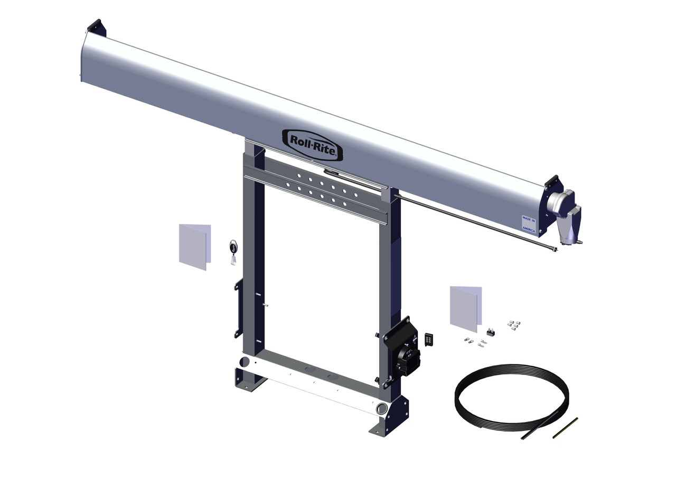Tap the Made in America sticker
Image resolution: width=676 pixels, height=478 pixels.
(529, 224)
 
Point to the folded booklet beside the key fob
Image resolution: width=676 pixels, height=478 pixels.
(194, 246)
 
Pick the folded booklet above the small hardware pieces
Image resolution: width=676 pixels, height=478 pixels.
(465, 308)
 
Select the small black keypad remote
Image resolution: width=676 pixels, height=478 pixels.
(429, 339)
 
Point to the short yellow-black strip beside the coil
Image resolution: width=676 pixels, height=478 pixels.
(565, 427)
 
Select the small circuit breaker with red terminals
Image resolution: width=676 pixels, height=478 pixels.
(491, 332)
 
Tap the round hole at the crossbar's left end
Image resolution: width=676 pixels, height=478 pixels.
(244, 362)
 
